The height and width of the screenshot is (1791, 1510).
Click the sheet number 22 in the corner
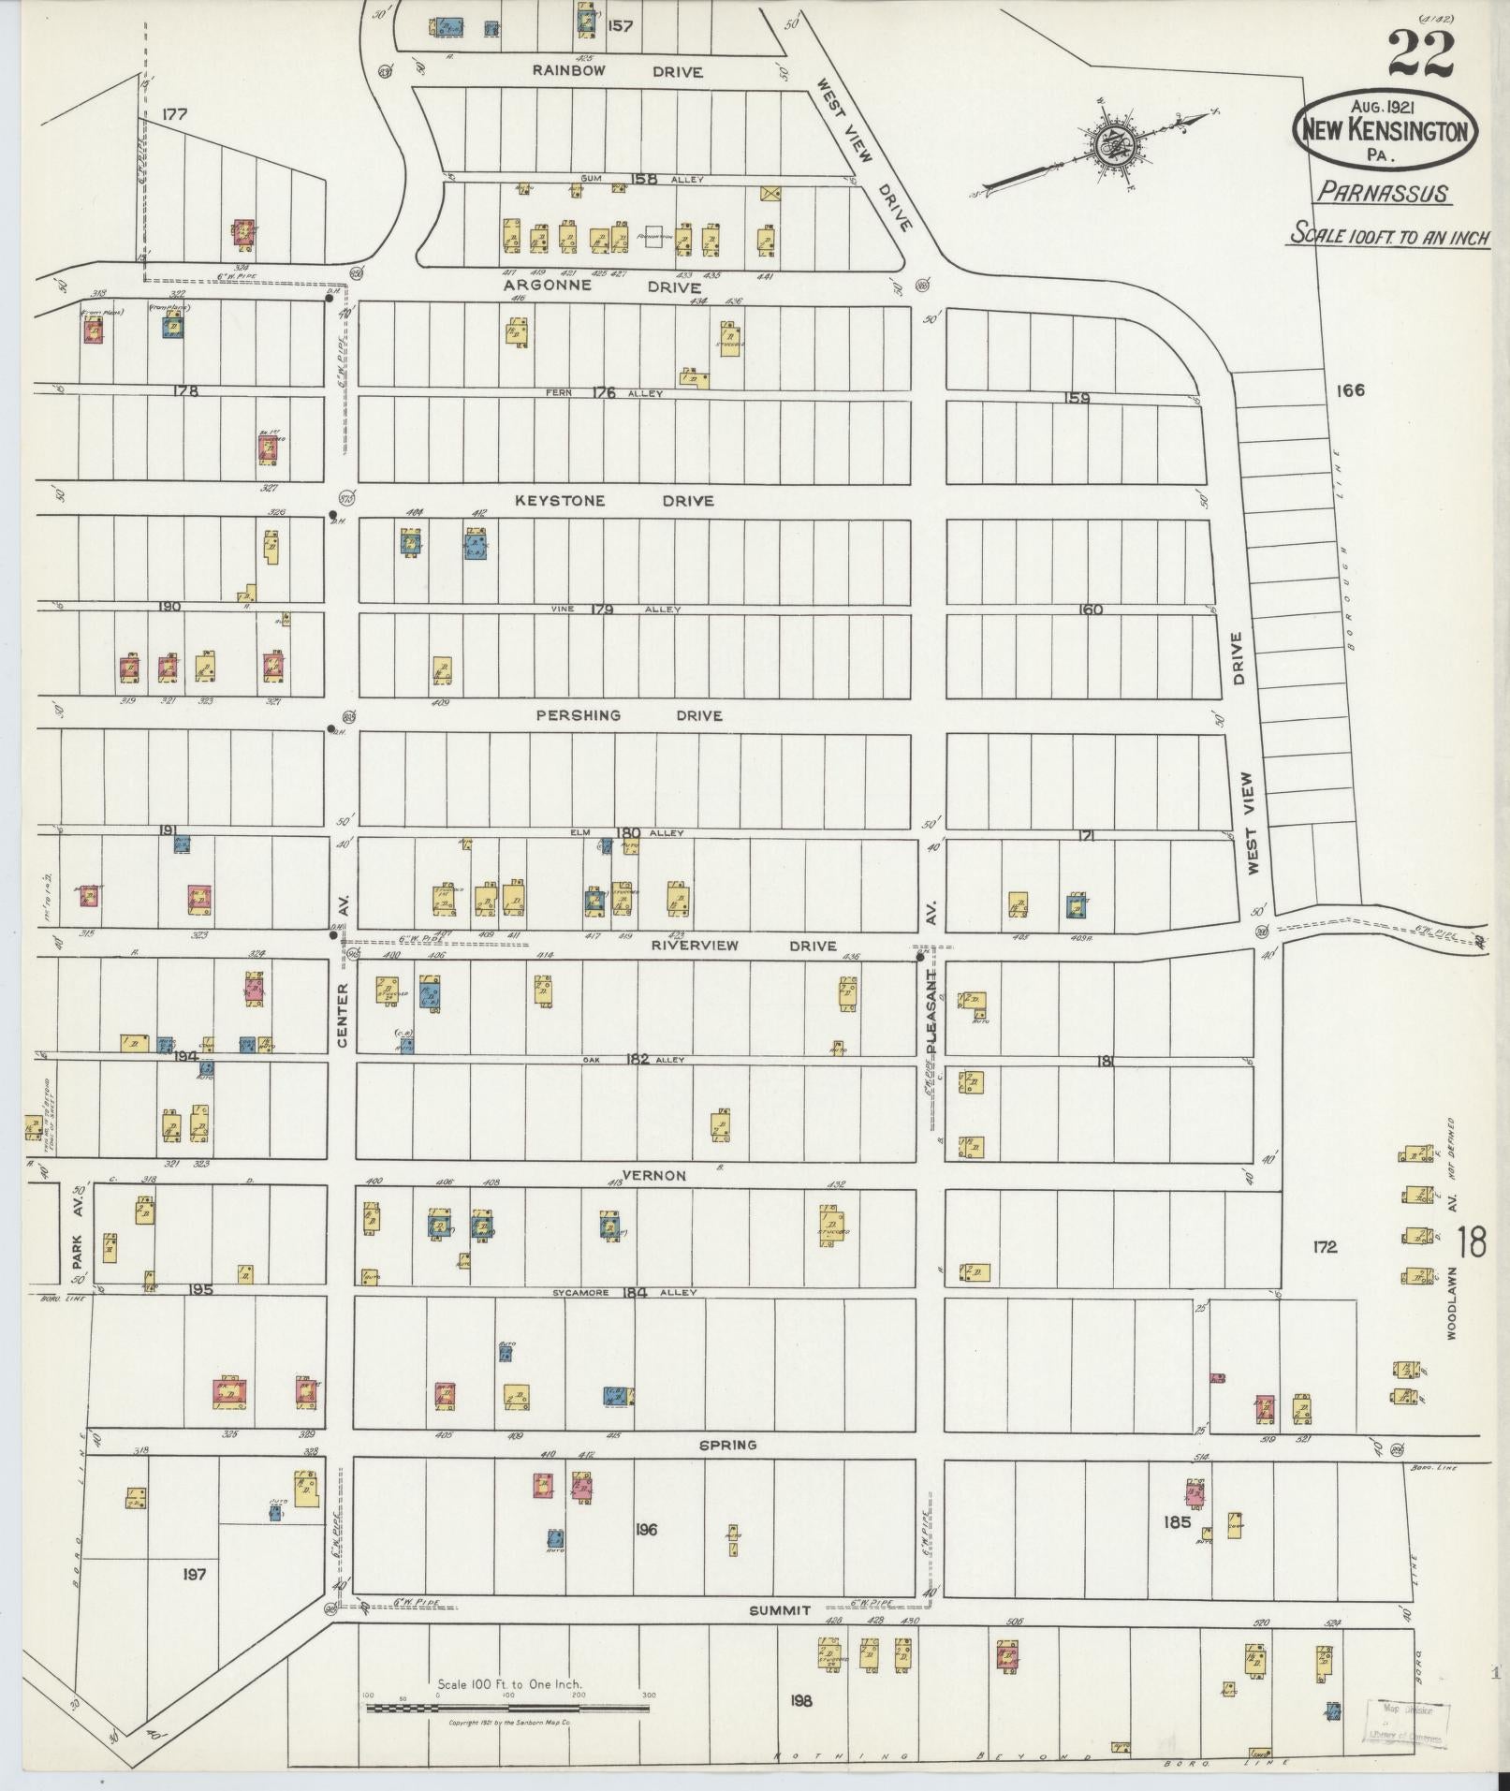coord(1420,53)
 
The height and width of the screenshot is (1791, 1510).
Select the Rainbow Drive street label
coord(618,71)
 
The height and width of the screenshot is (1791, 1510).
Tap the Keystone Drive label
coord(613,501)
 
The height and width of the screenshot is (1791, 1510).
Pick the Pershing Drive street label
coord(628,715)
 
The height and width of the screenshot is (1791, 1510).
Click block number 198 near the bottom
coord(800,1700)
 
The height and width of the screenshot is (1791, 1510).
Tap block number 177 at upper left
coord(174,115)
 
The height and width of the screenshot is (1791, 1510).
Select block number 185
coord(1177,1521)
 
